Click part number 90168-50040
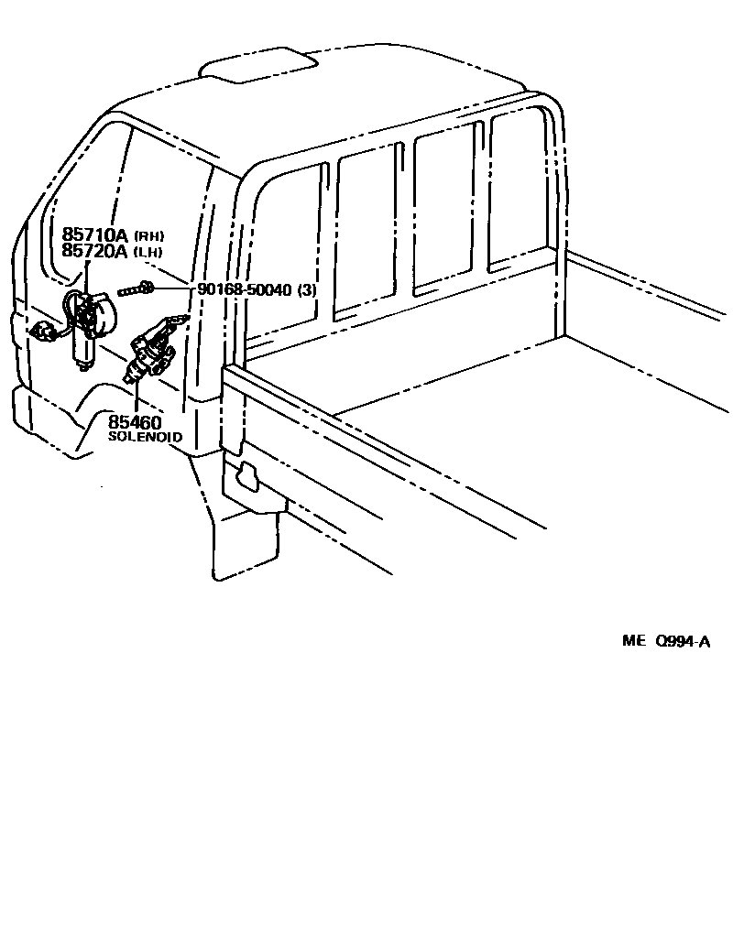[x=245, y=290]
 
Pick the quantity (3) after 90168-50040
[x=307, y=290]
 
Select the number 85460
[x=135, y=422]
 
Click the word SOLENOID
[x=146, y=438]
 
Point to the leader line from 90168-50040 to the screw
[x=174, y=289]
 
